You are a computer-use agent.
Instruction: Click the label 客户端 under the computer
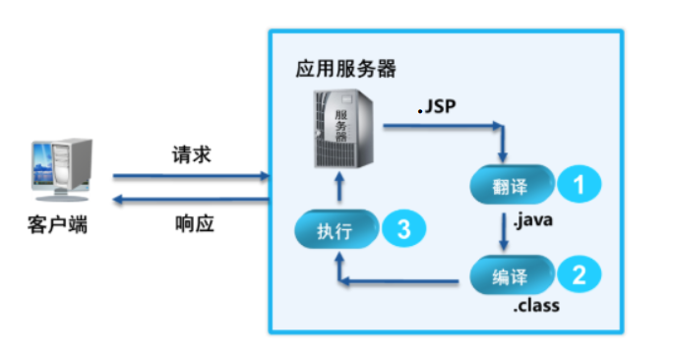56,224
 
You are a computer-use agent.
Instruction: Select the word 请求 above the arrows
191,155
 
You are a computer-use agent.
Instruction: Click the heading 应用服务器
345,70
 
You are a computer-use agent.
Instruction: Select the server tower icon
341,127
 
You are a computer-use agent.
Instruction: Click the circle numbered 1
580,183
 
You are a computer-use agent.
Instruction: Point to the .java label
532,220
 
